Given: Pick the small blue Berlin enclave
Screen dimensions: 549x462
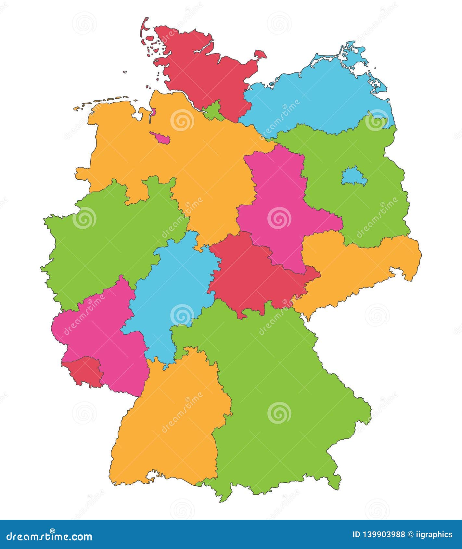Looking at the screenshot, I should [354, 177].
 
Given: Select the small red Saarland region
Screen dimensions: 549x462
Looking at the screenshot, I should [85, 370].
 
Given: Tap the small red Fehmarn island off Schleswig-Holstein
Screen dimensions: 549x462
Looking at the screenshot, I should [260, 55].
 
